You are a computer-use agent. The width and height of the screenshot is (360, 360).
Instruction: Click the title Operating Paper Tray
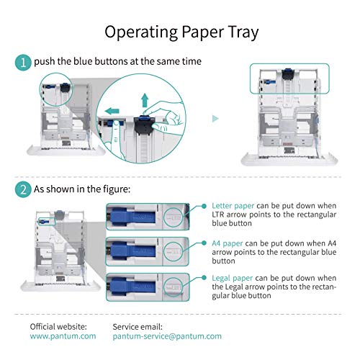coord(179,31)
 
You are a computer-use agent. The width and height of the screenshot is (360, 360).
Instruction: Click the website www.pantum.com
coord(63,336)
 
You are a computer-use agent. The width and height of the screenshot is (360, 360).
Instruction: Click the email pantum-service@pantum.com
coord(167,336)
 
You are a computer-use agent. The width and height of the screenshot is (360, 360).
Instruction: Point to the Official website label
coord(58,326)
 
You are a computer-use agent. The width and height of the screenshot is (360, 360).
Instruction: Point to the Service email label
coord(140,326)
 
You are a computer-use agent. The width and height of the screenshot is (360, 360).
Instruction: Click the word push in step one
coord(48,62)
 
